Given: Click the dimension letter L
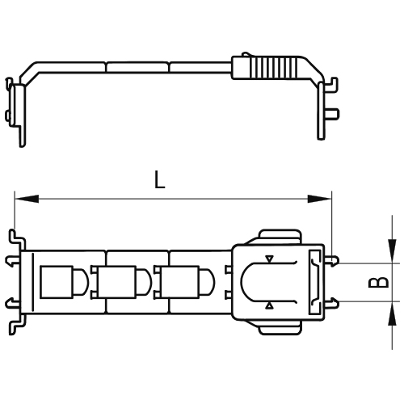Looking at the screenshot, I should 160,179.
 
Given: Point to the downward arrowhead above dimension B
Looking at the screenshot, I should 392,255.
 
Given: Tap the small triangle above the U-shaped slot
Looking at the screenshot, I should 270,259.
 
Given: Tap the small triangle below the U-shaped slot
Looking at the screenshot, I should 270,305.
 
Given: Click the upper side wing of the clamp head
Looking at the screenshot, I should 279,236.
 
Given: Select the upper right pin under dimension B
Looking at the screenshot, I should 335,262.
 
